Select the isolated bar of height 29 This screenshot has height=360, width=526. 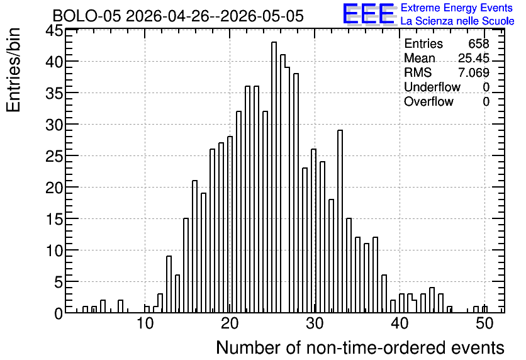tap(340, 222)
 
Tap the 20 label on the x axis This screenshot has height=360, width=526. tap(230, 323)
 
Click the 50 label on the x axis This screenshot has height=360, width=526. tap(484, 323)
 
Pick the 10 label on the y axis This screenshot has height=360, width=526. tap(54, 250)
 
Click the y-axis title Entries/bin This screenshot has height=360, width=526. tap(14, 70)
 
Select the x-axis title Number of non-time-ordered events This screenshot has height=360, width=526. tap(360, 347)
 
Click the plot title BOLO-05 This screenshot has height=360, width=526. tap(86, 16)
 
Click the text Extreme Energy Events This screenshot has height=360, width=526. tap(457, 8)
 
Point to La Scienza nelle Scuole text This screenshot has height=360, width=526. tap(457, 21)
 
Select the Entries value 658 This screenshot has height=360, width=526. tap(479, 43)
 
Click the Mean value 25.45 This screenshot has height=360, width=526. tap(474, 58)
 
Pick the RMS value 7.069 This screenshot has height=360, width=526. tap(474, 72)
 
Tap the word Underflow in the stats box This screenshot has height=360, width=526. tap(432, 87)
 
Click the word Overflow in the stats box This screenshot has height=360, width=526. tap(428, 101)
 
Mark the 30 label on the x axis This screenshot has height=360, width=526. tap(315, 323)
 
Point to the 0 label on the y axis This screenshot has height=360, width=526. tap(59, 314)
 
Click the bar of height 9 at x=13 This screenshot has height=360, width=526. tap(169, 284)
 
